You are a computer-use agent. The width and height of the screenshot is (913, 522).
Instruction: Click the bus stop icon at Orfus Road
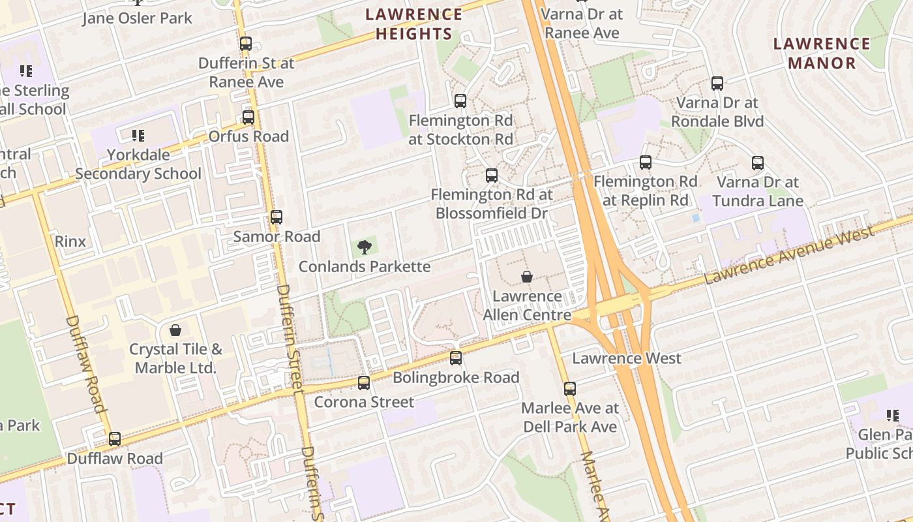pyautogui.click(x=248, y=117)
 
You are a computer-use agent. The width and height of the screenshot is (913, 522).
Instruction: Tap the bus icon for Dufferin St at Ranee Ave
pyautogui.click(x=246, y=44)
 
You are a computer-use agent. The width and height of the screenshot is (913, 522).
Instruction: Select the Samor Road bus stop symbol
pyautogui.click(x=277, y=217)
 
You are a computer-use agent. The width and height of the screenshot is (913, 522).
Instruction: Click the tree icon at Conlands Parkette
pyautogui.click(x=365, y=247)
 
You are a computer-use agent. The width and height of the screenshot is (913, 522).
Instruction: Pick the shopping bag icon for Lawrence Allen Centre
pyautogui.click(x=527, y=277)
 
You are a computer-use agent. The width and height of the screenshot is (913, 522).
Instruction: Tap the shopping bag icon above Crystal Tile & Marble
pyautogui.click(x=175, y=330)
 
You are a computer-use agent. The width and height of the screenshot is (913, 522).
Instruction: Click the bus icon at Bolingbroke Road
pyautogui.click(x=456, y=358)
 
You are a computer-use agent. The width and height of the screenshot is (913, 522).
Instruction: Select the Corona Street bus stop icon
pyautogui.click(x=364, y=383)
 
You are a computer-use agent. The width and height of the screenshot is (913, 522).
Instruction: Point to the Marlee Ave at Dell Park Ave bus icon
pyautogui.click(x=570, y=389)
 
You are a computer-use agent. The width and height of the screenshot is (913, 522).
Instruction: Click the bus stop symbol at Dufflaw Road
pyautogui.click(x=115, y=439)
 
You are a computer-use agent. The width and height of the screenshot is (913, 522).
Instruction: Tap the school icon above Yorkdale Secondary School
pyautogui.click(x=138, y=136)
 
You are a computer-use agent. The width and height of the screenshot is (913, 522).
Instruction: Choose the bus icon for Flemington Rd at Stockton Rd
pyautogui.click(x=460, y=101)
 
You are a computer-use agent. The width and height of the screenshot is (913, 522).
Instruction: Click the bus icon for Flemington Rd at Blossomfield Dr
pyautogui.click(x=492, y=176)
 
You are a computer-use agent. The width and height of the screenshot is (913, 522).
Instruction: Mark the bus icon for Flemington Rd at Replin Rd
pyautogui.click(x=646, y=162)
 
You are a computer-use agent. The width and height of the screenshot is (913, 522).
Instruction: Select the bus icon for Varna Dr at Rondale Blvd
pyautogui.click(x=717, y=84)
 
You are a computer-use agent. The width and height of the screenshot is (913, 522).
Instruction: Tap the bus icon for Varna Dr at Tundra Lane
pyautogui.click(x=758, y=163)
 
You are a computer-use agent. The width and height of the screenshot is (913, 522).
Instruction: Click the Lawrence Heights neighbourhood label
pyautogui.click(x=414, y=24)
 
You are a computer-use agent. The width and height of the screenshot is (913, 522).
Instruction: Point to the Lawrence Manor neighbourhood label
pyautogui.click(x=822, y=54)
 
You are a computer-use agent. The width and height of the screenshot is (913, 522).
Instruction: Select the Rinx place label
pyautogui.click(x=70, y=241)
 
